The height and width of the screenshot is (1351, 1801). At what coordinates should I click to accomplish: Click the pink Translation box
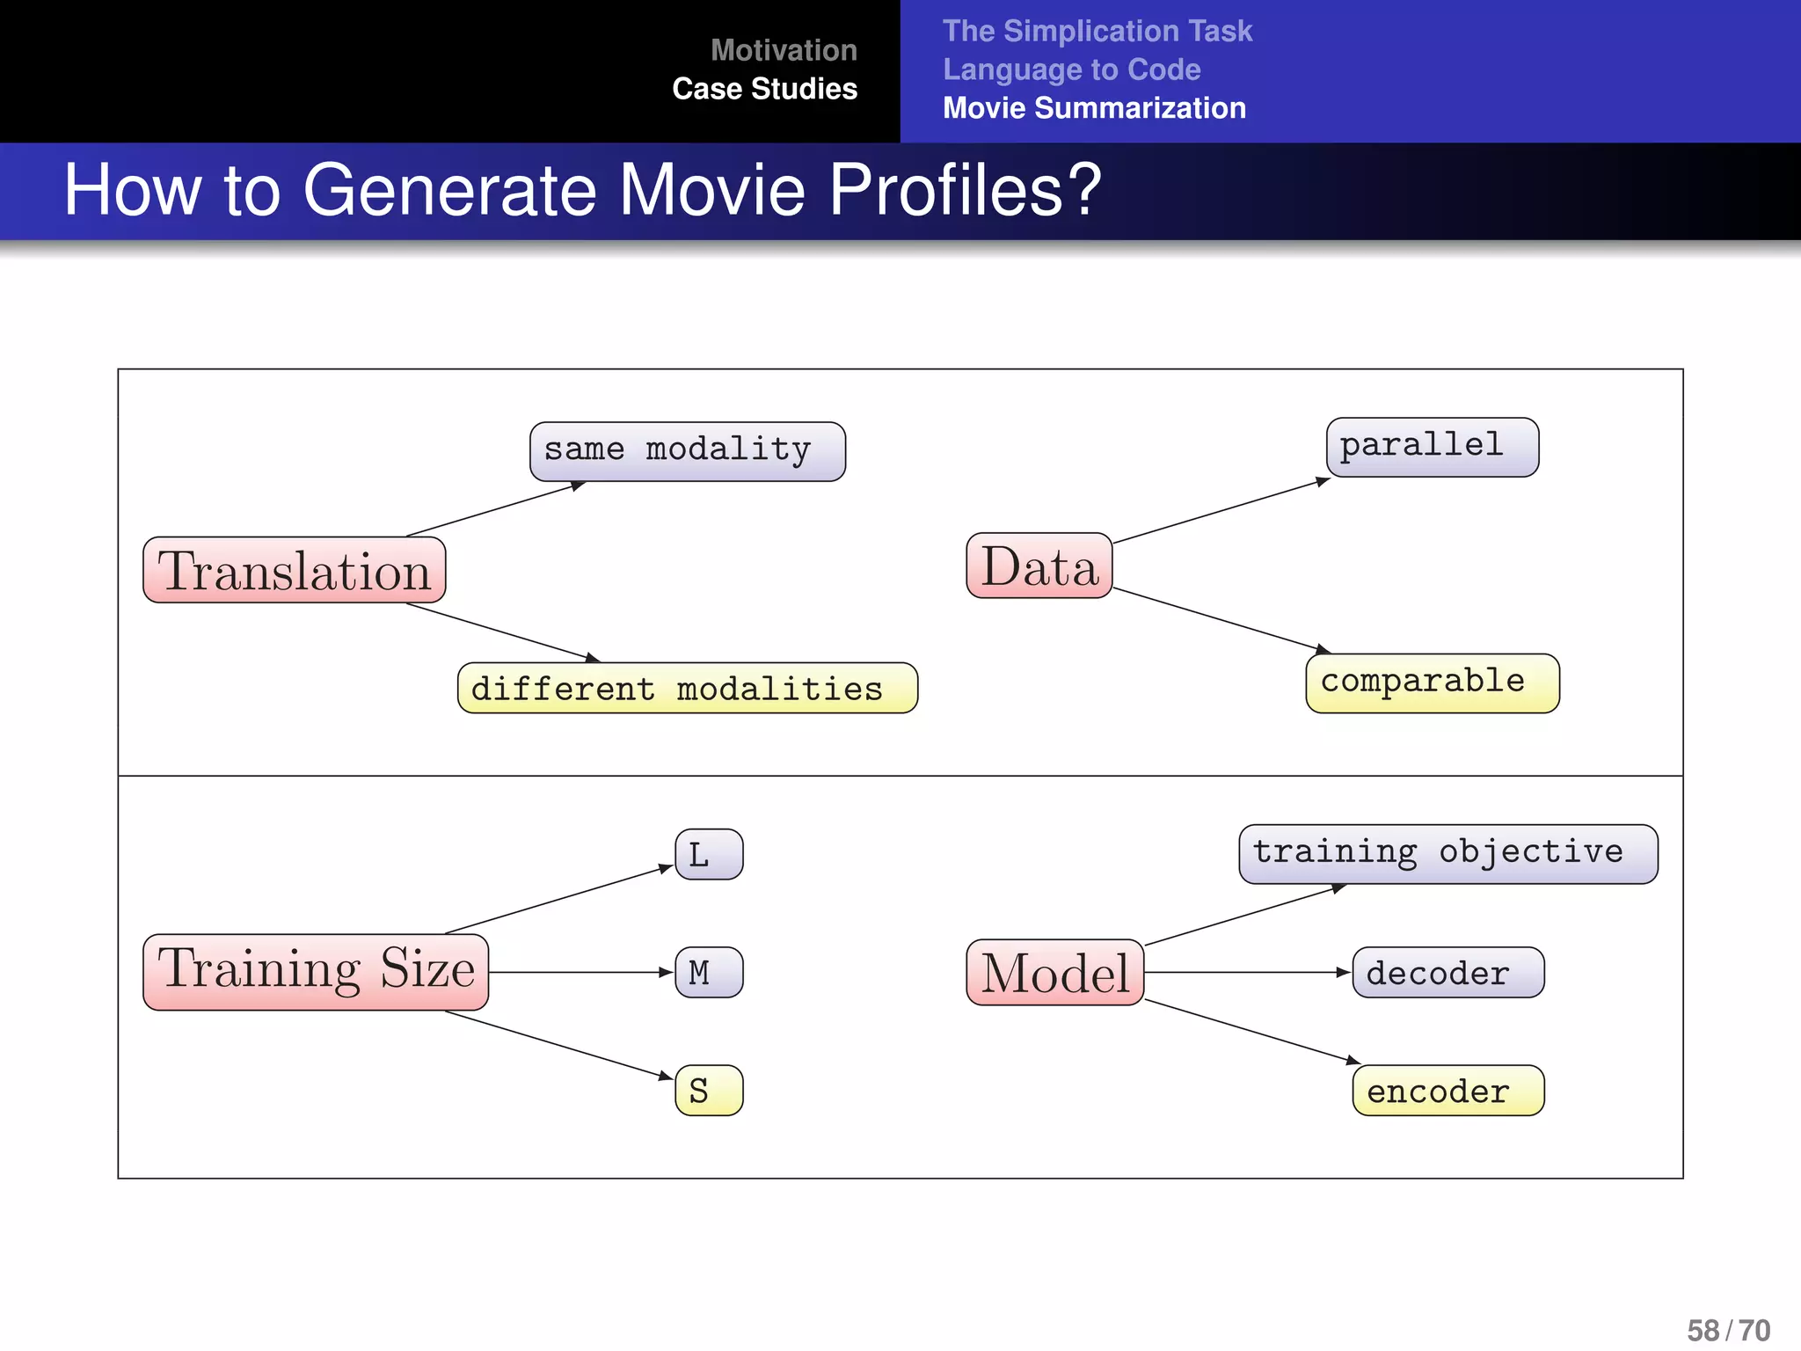pos(295,570)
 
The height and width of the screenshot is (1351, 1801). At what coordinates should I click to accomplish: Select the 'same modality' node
pos(687,451)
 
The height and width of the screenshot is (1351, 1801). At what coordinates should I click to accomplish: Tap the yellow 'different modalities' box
pos(687,688)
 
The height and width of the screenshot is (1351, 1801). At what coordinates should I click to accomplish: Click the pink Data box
pos(1039,566)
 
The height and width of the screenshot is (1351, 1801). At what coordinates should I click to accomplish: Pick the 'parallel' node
pos(1432,447)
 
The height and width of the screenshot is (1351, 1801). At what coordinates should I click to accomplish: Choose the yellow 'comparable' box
pos(1432,683)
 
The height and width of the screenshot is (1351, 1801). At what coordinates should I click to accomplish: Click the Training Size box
pos(316,972)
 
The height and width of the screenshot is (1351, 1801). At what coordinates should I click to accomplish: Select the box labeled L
pos(709,854)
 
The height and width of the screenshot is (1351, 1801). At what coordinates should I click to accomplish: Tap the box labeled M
pos(709,972)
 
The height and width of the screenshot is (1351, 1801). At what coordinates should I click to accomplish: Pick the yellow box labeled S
pos(709,1091)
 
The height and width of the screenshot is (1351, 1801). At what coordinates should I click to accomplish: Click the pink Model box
pos(1054,972)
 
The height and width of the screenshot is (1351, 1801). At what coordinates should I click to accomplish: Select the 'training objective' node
pos(1447,854)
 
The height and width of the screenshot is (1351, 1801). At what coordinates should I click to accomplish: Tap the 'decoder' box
pos(1447,972)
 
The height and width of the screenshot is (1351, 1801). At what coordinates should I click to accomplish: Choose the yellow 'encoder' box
pos(1447,1091)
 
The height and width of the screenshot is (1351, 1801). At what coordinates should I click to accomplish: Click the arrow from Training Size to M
pos(580,972)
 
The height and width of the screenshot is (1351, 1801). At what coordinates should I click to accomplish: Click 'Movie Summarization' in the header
pos(1094,108)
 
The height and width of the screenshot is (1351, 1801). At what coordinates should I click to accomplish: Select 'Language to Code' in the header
pos(1071,69)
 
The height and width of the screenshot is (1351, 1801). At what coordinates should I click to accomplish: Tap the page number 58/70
pos(1727,1330)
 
